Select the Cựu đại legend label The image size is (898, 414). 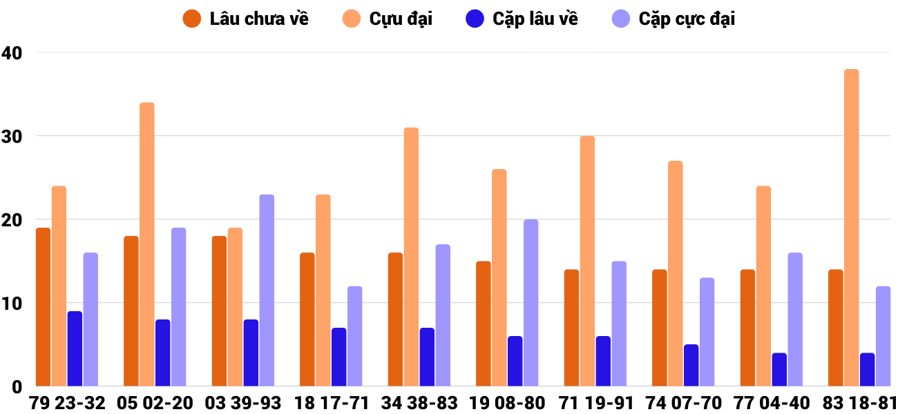click(401, 19)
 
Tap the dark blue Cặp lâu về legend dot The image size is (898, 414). click(475, 19)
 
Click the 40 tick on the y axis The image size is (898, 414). click(12, 52)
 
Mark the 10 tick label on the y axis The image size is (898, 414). click(12, 304)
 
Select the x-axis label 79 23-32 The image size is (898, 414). click(67, 403)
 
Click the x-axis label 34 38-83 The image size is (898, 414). click(419, 403)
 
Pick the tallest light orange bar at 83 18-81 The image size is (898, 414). click(851, 228)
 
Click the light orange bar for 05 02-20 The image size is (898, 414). click(147, 244)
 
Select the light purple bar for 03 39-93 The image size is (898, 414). click(267, 290)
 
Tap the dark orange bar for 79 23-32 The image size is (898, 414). click(43, 307)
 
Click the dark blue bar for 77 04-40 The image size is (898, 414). click(779, 370)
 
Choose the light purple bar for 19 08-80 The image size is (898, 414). click(531, 303)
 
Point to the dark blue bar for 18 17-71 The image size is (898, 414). click(339, 357)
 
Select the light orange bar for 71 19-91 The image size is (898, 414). click(587, 261)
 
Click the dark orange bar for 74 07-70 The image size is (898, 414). click(660, 328)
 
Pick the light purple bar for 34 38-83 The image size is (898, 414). click(443, 315)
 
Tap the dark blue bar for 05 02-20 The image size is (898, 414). click(163, 353)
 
